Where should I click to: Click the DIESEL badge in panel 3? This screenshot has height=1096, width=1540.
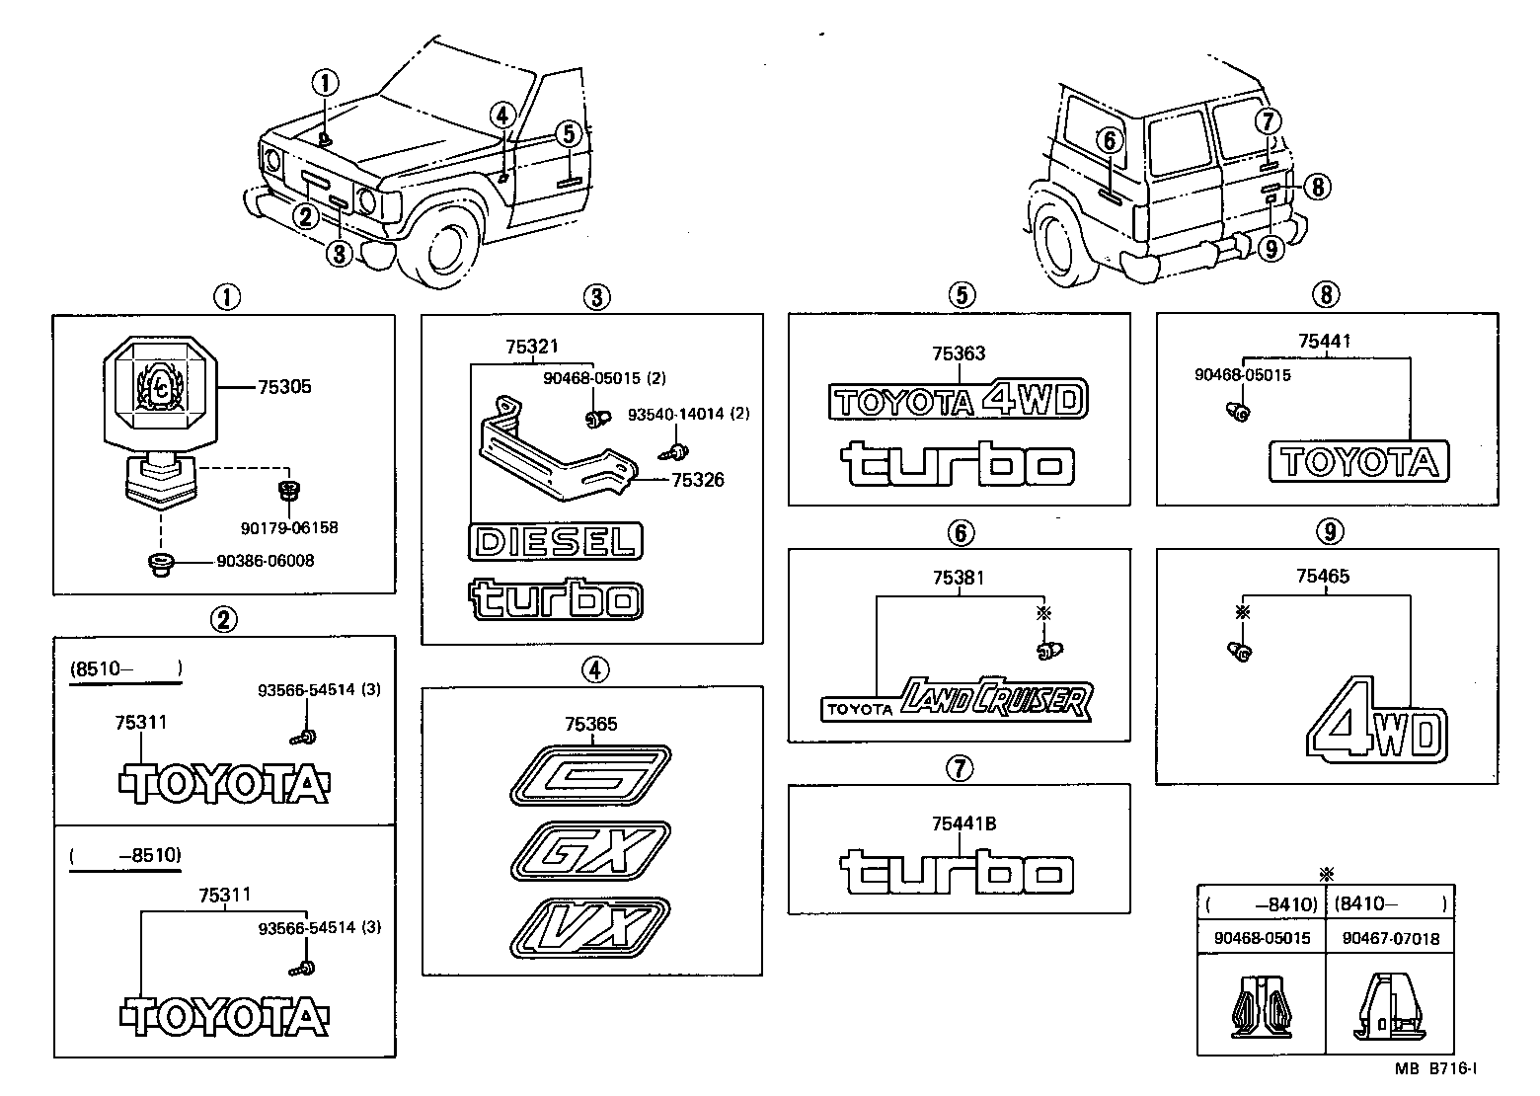[556, 541]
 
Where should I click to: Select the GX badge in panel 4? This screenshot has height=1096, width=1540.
[590, 849]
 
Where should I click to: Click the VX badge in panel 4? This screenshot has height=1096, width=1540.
[590, 925]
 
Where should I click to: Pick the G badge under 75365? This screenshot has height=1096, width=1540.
[590, 776]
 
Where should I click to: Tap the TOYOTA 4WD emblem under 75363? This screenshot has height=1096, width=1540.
[958, 400]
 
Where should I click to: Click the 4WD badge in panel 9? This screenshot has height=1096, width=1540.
[1379, 721]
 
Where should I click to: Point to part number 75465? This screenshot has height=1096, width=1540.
[1323, 576]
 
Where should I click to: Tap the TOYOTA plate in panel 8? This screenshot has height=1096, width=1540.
[1359, 461]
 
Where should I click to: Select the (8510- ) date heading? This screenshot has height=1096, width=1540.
[124, 668]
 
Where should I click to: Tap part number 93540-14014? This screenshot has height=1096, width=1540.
[689, 414]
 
